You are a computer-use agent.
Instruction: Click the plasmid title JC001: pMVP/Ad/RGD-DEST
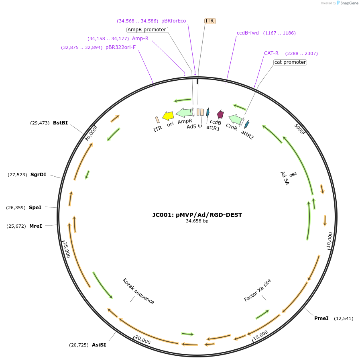point(197,215)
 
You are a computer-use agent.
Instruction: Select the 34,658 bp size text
point(197,221)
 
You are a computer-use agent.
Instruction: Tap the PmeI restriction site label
point(321,318)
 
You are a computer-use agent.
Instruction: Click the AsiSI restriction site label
point(99,345)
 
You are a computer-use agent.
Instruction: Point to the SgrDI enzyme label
point(39,175)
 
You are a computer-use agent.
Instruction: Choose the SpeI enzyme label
point(35,208)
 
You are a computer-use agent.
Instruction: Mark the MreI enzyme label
point(35,226)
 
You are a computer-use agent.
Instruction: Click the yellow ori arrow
point(168,116)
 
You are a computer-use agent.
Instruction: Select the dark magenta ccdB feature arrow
point(220,114)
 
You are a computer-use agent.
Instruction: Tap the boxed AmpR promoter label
point(147,30)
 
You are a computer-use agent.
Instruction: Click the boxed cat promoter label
point(290,62)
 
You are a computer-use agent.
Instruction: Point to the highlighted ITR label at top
point(210,21)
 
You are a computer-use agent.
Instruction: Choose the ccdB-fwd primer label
point(248,33)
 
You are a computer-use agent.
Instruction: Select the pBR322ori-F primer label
point(120,47)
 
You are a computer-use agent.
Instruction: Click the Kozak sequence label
point(138,291)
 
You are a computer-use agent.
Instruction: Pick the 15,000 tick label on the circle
point(260,334)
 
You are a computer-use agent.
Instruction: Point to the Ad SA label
point(285,177)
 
